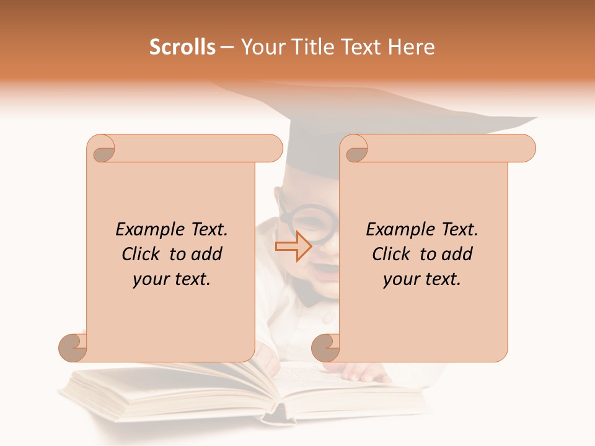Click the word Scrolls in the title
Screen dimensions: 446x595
[x=182, y=47]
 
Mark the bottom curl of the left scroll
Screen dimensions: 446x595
[x=73, y=347]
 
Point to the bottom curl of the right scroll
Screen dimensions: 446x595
[x=326, y=347]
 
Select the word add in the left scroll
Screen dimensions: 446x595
[x=207, y=254]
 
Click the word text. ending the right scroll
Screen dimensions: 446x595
[x=440, y=279]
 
